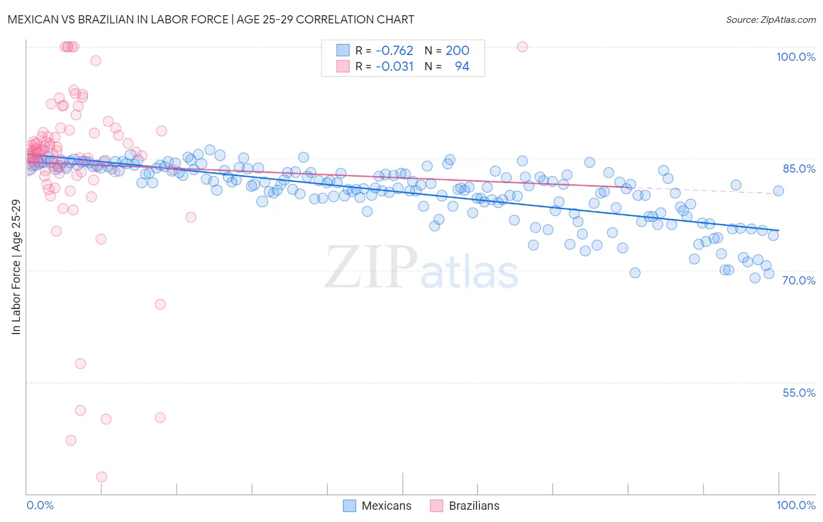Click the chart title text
click(x=210, y=19)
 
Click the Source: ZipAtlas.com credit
click(x=770, y=19)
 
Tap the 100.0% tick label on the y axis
click(x=795, y=57)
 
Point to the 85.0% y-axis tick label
click(x=799, y=169)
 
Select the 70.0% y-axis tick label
click(x=799, y=280)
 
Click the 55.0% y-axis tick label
click(x=799, y=393)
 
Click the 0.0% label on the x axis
click(x=40, y=505)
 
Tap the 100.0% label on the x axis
click(x=795, y=505)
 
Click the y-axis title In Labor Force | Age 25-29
click(x=16, y=267)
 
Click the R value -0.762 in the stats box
click(x=395, y=50)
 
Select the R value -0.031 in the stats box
click(x=395, y=67)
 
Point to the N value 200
click(x=457, y=50)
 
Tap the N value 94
click(x=462, y=67)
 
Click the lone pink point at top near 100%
click(x=522, y=47)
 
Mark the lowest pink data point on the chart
click(x=102, y=477)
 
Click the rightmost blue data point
click(x=778, y=191)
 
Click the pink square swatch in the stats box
click(x=343, y=66)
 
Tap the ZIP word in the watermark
click(x=371, y=267)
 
